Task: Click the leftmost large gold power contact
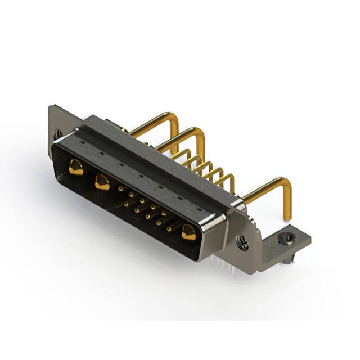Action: pos(75,167)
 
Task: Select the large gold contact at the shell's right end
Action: pos(188,231)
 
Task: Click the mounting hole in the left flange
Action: pos(58,134)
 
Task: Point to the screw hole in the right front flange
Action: pos(243,244)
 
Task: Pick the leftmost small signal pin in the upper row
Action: pos(120,188)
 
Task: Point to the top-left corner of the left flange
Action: pos(51,107)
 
